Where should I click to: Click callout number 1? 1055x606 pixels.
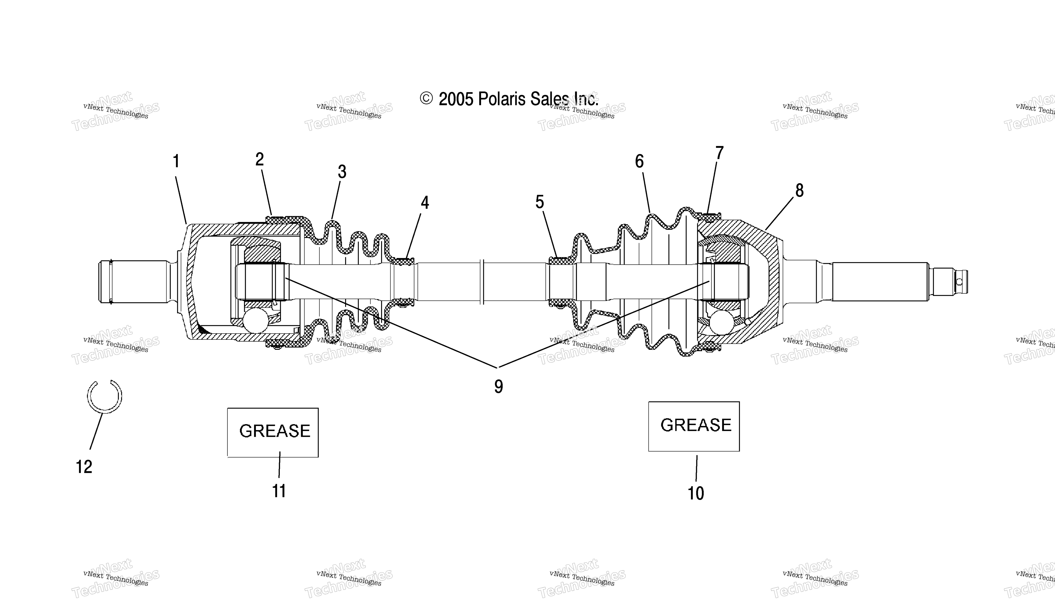click(x=176, y=161)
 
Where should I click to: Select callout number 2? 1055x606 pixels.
click(x=259, y=159)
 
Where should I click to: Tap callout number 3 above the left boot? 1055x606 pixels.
click(x=342, y=171)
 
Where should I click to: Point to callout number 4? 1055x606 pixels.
click(x=425, y=203)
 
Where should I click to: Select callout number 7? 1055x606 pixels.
click(x=719, y=153)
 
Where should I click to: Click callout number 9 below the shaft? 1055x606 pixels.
click(x=498, y=387)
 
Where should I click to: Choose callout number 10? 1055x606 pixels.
click(x=696, y=493)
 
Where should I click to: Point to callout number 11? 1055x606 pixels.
click(x=279, y=491)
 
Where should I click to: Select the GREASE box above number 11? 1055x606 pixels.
click(x=273, y=433)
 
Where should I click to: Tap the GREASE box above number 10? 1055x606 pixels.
click(x=694, y=426)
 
